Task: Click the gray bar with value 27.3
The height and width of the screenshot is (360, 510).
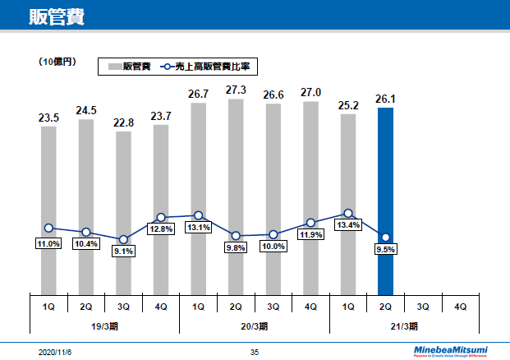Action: tap(236, 196)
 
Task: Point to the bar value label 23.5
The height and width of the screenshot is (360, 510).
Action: tap(48, 118)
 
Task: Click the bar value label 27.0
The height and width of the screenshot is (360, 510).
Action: tap(310, 93)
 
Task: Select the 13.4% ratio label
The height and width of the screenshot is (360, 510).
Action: tap(348, 225)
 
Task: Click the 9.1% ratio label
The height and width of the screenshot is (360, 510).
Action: tap(123, 251)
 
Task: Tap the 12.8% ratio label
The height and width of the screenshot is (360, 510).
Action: tap(161, 229)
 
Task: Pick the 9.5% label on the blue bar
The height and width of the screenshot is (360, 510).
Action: tap(386, 251)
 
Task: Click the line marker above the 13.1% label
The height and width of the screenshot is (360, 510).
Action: tap(198, 215)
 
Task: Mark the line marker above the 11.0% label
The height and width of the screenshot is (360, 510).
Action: tap(48, 228)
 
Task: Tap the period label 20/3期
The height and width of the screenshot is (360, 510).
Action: tap(255, 326)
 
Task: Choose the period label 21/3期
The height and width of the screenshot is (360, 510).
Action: tap(404, 326)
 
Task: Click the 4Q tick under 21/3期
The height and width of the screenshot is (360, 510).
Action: tap(461, 306)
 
